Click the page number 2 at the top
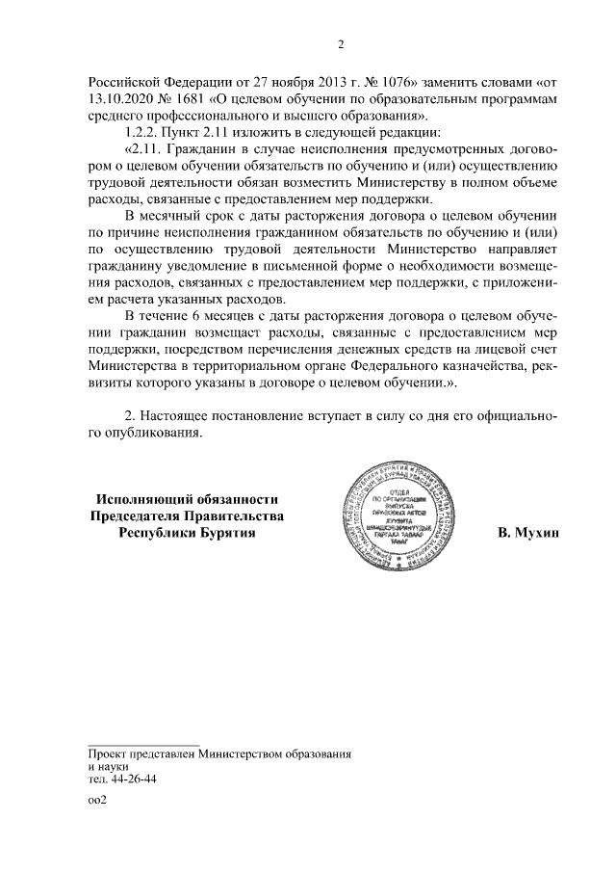tap(341, 42)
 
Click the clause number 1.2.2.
tap(145, 133)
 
